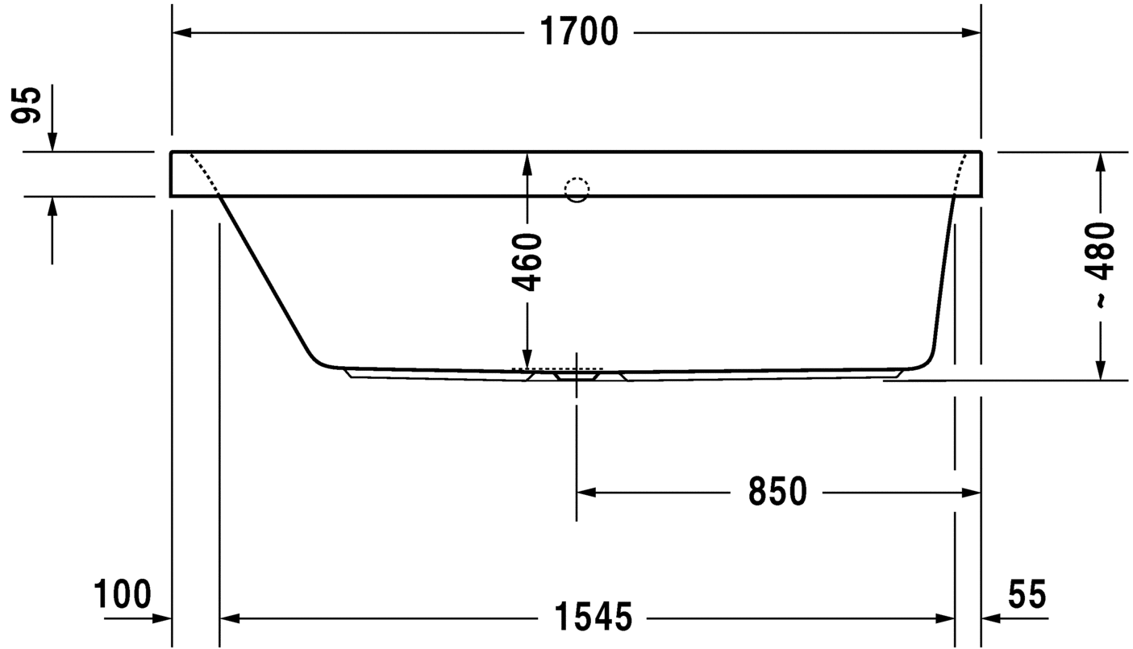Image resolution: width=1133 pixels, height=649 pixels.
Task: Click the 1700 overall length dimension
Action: [x=579, y=32]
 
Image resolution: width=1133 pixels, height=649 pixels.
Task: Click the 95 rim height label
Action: [x=27, y=105]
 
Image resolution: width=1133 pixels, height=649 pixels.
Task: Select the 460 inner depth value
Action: [x=528, y=261]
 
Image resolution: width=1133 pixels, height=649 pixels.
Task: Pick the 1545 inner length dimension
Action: [x=593, y=618]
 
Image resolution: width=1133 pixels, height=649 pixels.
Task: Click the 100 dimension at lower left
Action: [x=123, y=595]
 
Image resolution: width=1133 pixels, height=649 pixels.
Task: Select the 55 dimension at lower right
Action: [x=1027, y=595]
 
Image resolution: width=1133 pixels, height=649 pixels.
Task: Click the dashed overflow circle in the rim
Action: [x=577, y=189]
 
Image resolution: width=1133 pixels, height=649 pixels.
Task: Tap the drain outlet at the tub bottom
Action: [x=577, y=375]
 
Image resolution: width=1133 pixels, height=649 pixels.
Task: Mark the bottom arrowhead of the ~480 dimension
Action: [x=1100, y=370]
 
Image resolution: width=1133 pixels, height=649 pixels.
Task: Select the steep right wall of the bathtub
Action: [x=943, y=274]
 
